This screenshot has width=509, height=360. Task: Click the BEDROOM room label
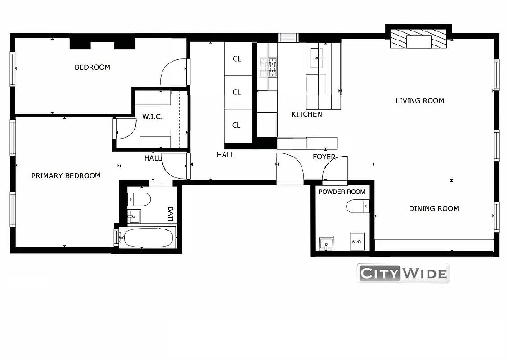pos(92,67)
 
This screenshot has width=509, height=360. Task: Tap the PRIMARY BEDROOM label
pos(66,176)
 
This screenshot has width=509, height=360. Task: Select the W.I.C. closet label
pos(152,117)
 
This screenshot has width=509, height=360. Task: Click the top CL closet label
pos(237,58)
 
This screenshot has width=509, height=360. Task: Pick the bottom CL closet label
pos(237,125)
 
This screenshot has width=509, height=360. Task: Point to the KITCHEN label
pos(306,114)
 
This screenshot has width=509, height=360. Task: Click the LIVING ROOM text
pos(420,101)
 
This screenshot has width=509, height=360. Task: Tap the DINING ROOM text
pos(434,209)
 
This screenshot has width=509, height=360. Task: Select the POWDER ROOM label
pos(342,192)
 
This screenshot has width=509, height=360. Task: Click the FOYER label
pos(324,157)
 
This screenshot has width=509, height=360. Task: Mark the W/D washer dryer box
pos(356,242)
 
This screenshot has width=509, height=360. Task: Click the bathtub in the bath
pos(149,237)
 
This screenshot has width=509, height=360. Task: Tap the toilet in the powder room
pos(357,207)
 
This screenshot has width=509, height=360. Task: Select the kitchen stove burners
pos(268,67)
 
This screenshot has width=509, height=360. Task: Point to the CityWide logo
pos(403,273)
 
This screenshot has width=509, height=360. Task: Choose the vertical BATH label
pos(171,215)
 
